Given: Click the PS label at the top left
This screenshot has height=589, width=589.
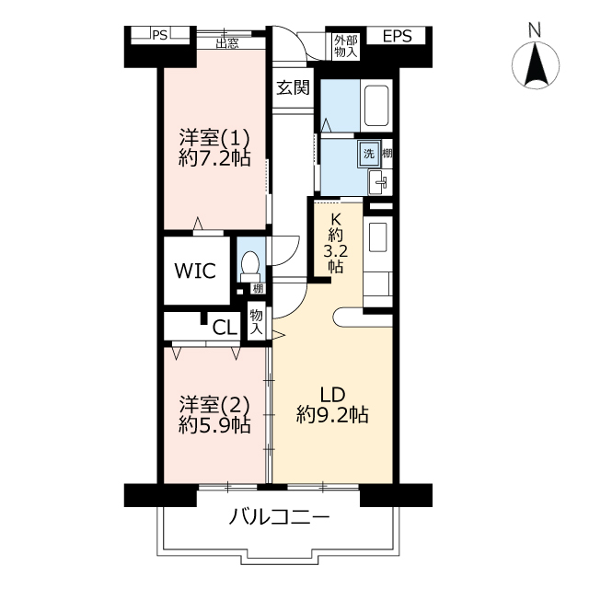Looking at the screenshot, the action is pos(159,35).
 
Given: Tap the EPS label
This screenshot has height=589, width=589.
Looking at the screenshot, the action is pos(397,36).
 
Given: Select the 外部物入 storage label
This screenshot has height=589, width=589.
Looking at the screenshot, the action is pos(346,46).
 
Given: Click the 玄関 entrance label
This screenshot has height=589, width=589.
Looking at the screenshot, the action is pos(293,87).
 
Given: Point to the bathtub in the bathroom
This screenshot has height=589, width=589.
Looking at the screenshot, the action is pos(376,106).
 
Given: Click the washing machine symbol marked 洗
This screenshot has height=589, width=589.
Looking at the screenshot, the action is pos(369,154).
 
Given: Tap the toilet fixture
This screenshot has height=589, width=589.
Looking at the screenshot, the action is pos(249,267).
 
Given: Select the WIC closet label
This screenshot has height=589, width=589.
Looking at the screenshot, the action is pos(195,271).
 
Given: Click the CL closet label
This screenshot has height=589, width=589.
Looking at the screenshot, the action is pos(225,328).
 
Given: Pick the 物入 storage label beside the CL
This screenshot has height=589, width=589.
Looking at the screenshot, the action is pos(257,321).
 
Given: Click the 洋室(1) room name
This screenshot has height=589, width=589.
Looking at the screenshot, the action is pos(214,137).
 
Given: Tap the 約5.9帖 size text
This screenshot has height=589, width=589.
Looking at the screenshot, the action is pos(214,425).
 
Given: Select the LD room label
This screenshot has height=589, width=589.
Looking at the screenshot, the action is pos(332,395).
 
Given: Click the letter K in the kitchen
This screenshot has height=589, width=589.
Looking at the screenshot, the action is pos(335,219).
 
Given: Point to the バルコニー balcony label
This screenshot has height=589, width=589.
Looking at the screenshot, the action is pos(279,517).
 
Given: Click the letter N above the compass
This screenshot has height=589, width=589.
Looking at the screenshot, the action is pos(535,30).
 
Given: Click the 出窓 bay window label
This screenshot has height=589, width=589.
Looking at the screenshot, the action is pos(227,43).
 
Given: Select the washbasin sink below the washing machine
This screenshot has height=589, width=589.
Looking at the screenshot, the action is pos(380,182).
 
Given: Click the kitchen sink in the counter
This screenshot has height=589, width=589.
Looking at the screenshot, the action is pos(378,237).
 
